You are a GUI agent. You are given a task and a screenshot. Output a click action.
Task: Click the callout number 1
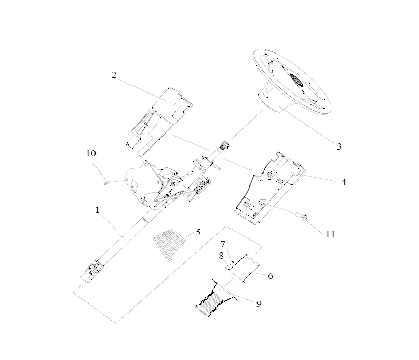coord(97,210)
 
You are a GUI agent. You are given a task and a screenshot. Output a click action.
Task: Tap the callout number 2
coord(114,75)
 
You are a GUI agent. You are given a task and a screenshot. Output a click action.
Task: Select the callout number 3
coord(339,146)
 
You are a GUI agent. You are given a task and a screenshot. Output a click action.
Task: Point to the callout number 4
coord(344,182)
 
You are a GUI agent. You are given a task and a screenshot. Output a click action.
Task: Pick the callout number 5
coord(198,232)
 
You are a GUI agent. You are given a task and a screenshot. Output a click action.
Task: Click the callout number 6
coord(271,276)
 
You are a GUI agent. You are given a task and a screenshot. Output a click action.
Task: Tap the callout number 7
coord(223,244)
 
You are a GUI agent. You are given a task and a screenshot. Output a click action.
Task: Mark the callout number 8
coord(221,256)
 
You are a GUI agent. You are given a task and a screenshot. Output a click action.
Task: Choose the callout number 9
coord(259,304)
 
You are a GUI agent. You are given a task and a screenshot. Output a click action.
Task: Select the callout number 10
coord(91,153)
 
